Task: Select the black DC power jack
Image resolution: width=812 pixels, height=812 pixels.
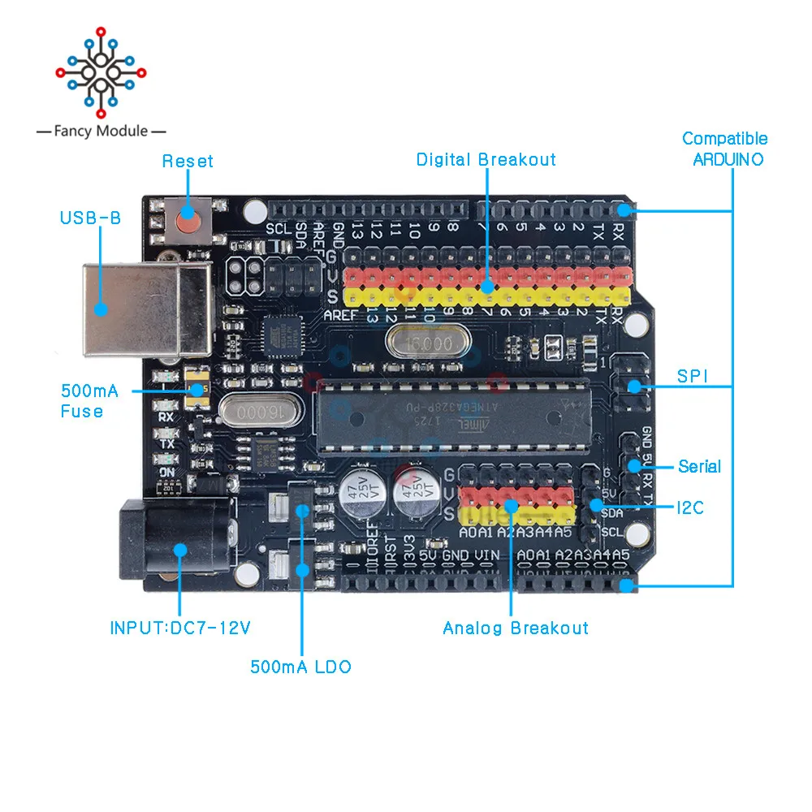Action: coord(175,542)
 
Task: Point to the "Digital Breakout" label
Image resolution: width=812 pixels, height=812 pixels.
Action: coord(486,160)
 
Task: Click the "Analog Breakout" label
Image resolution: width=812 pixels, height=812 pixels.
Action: coord(516,628)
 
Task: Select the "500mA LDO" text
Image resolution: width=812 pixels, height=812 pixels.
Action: coord(300,667)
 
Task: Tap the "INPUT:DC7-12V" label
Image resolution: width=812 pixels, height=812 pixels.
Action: coord(180,628)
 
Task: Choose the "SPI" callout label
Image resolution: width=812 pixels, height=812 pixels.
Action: coord(693,377)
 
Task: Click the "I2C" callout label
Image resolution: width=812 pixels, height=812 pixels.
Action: coord(690,508)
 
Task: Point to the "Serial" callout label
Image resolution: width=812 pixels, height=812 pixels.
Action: coord(699,466)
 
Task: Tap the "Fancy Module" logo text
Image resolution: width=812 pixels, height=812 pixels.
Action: coord(101,131)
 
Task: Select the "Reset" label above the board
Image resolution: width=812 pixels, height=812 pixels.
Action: coord(188,161)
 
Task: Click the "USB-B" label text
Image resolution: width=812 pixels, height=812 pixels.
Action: coord(90,218)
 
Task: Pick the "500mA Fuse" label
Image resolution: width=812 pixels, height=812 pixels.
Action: coord(89,401)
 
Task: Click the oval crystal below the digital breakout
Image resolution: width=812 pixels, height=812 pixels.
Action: coord(418,343)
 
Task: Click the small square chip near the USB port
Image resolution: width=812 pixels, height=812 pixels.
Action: coord(280,335)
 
